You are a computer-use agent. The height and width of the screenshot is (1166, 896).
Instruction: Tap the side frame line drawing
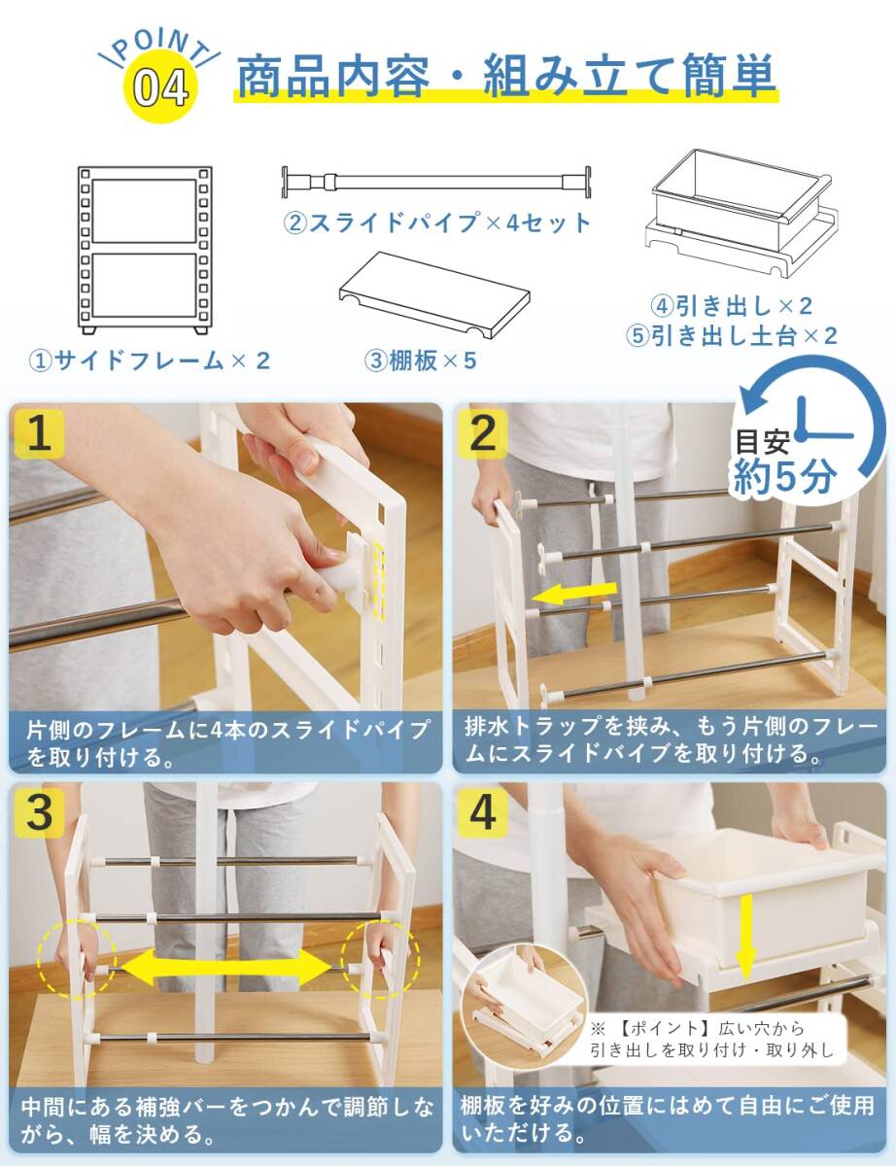tap(145, 250)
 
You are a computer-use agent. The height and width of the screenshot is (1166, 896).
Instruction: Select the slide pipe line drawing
tap(436, 182)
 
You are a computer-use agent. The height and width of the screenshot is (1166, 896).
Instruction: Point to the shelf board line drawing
tap(434, 295)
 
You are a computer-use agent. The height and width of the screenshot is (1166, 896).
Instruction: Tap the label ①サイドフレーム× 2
tap(149, 360)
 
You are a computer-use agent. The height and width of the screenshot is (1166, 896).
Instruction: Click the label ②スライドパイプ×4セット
tap(436, 223)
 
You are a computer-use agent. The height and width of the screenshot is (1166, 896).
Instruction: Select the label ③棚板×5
tap(420, 360)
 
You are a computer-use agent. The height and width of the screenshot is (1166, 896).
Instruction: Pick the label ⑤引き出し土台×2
tap(732, 336)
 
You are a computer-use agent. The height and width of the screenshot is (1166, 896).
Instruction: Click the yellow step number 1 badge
tap(39, 433)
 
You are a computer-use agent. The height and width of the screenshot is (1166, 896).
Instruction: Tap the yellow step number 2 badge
tap(482, 433)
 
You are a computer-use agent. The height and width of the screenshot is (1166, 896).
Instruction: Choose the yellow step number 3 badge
tap(39, 813)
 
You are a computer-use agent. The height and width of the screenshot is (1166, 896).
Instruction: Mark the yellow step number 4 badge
tap(482, 813)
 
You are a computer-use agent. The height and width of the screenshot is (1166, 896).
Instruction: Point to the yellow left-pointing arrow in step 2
tap(573, 594)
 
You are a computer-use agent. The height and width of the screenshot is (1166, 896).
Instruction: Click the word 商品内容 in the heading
tap(332, 75)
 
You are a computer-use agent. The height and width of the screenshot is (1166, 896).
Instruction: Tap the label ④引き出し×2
tap(732, 306)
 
